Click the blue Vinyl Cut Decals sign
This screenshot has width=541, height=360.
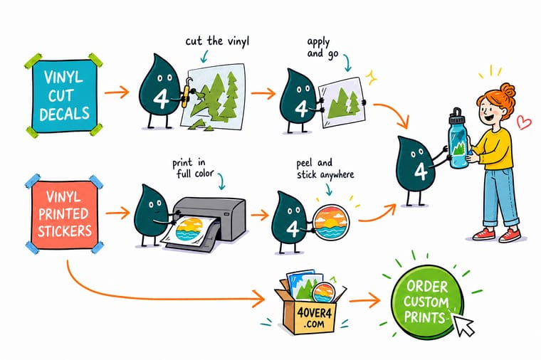click(64, 96)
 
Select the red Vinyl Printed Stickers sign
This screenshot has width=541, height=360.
click(65, 214)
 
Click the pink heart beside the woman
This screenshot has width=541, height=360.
click(524, 122)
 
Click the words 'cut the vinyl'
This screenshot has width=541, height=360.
click(217, 41)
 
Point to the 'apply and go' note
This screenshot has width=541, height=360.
click(322, 48)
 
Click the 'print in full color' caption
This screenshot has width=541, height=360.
click(193, 168)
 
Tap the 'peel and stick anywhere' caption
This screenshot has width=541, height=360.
click(325, 169)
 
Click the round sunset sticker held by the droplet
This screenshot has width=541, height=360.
click(332, 222)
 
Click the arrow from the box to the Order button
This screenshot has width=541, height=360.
click(364, 300)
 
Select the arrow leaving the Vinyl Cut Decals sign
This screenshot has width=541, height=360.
click(117, 92)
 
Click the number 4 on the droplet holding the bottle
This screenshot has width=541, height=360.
click(421, 171)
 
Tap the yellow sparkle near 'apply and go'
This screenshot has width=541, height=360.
click(372, 78)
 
